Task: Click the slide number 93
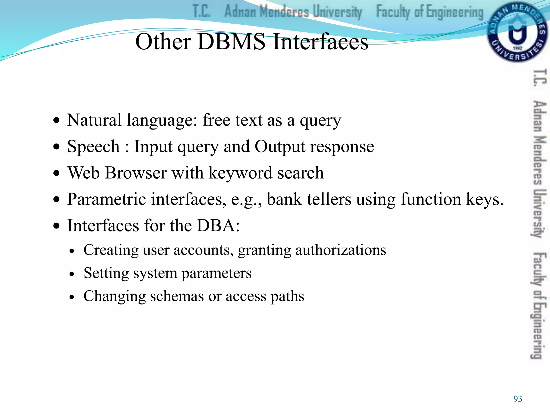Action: (518, 399)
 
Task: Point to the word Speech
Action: (93, 147)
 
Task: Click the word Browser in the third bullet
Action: (136, 173)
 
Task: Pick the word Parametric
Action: (106, 199)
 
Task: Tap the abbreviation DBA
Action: (218, 225)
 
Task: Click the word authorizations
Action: (341, 250)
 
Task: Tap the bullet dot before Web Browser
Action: (56, 173)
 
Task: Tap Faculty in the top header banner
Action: (393, 12)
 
